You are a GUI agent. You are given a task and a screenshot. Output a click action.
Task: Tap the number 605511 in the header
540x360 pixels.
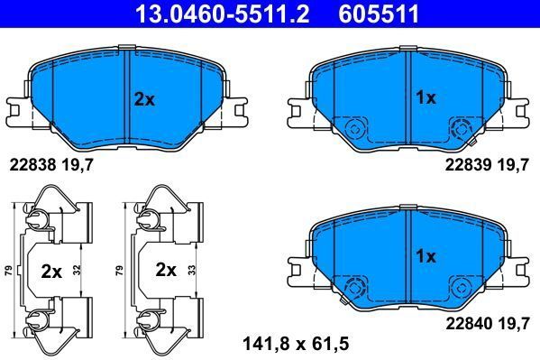(378, 13)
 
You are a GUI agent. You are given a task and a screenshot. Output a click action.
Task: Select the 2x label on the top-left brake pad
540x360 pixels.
(144, 99)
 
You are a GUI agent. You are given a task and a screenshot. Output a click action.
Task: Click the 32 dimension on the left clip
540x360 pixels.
(78, 269)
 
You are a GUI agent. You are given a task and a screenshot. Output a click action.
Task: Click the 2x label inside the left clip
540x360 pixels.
(51, 269)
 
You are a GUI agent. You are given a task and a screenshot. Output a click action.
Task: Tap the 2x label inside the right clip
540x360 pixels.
(166, 269)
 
